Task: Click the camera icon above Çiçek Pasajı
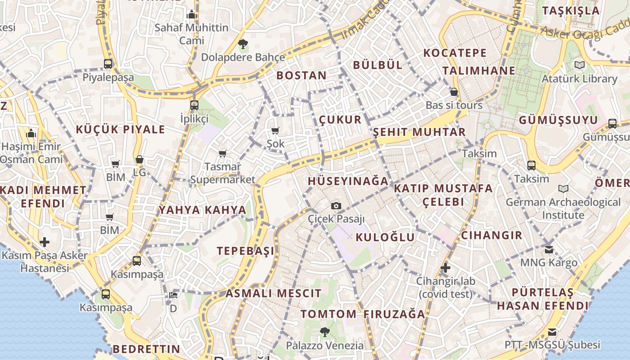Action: (336, 206)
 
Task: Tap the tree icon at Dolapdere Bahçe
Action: (243, 44)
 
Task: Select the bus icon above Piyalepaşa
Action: (108, 64)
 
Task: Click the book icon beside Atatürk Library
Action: (580, 65)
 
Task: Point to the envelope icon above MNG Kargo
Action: (549, 249)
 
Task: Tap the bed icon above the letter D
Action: (173, 295)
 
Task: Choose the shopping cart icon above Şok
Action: (275, 131)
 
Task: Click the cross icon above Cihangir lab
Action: (445, 268)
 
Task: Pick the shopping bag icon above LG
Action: (139, 159)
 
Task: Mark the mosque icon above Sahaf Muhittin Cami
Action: (192, 14)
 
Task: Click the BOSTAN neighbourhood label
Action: (301, 75)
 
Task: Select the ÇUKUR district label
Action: (340, 120)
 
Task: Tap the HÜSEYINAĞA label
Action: (348, 181)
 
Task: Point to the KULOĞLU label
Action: (385, 237)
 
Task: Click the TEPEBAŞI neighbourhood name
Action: (246, 251)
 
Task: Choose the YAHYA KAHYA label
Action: (202, 210)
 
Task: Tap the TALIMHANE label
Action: (479, 71)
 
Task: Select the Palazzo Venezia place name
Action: (325, 346)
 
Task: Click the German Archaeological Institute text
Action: (563, 208)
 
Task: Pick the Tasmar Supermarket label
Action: (223, 173)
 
